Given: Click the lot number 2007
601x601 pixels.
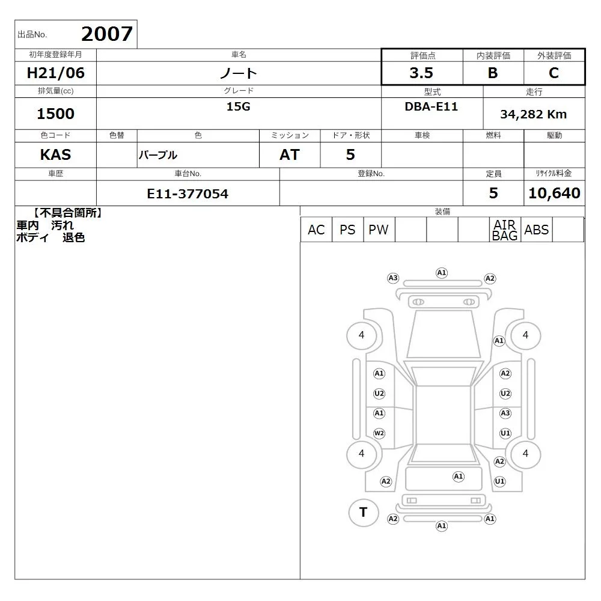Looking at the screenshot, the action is coord(107,34).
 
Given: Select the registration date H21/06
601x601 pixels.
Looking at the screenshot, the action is coord(55,73).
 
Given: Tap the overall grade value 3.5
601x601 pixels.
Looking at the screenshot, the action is coord(421,73).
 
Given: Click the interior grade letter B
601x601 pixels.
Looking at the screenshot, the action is coord(493,73).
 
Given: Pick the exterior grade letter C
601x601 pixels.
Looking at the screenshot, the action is coord(554,73).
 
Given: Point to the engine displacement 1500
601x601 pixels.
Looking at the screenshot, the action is coord(55,114).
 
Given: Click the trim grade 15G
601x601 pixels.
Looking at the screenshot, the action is coord(238,106).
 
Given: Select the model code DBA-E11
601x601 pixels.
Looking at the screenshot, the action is coord(431,106).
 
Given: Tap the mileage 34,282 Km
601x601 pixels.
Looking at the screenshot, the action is coord(533,114).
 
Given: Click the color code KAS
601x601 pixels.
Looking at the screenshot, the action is coord(55,154).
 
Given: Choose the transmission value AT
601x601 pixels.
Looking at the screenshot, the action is coord(290,154).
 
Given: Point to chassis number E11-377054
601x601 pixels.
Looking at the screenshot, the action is coord(188,194).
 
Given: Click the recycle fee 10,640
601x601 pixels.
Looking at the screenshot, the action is coord(554,193).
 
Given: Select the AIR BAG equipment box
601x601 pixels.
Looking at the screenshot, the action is coord(505,230).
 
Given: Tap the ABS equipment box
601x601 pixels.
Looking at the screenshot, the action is coord(537,230).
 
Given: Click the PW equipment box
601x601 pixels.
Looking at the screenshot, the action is coord(379,230).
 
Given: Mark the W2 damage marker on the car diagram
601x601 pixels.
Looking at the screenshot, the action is coord(379,433).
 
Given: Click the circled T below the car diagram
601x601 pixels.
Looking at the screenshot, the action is coord(364,512).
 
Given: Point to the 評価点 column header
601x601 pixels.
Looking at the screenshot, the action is coord(423,56).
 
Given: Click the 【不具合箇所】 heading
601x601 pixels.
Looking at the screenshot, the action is coord(67,213).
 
